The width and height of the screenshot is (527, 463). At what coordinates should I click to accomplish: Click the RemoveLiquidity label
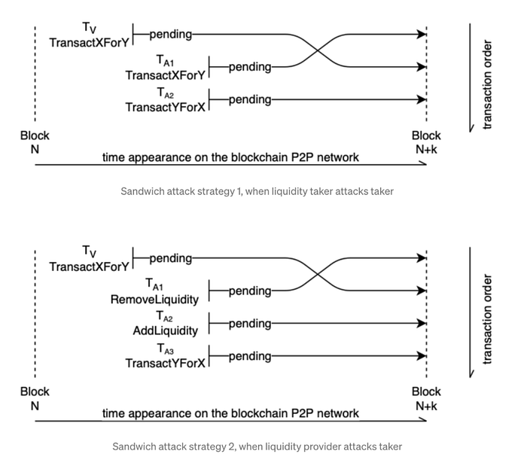pyautogui.click(x=154, y=300)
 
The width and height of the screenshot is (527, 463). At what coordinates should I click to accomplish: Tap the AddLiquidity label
pyautogui.click(x=166, y=330)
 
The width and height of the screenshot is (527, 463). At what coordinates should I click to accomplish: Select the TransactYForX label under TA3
pyautogui.click(x=166, y=363)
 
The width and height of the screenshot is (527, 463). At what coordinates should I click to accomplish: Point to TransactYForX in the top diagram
pyautogui.click(x=166, y=107)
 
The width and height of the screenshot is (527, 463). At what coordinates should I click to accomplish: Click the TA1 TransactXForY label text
pyautogui.click(x=166, y=75)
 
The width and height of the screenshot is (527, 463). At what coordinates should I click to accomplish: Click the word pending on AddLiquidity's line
pyautogui.click(x=250, y=324)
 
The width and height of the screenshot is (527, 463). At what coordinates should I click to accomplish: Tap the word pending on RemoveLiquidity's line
pyautogui.click(x=250, y=291)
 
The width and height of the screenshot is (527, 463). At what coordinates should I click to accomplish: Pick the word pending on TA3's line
pyautogui.click(x=250, y=357)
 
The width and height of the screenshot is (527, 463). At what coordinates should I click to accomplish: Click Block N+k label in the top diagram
pyautogui.click(x=426, y=142)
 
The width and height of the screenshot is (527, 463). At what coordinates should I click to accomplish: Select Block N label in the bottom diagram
pyautogui.click(x=35, y=398)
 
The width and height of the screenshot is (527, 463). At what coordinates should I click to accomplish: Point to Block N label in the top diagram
pyautogui.click(x=35, y=142)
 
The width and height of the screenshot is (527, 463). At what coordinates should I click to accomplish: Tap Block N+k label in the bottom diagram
pyautogui.click(x=426, y=398)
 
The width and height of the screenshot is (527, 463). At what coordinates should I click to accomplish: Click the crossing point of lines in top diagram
pyautogui.click(x=318, y=50)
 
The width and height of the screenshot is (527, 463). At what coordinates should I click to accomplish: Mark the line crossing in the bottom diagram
pyautogui.click(x=318, y=275)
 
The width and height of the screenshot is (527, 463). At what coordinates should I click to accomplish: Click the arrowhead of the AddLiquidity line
pyautogui.click(x=422, y=323)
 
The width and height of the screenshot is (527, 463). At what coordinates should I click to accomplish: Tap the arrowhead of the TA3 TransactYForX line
pyautogui.click(x=422, y=356)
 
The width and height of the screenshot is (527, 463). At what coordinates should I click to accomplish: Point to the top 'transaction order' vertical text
pyautogui.click(x=487, y=84)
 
